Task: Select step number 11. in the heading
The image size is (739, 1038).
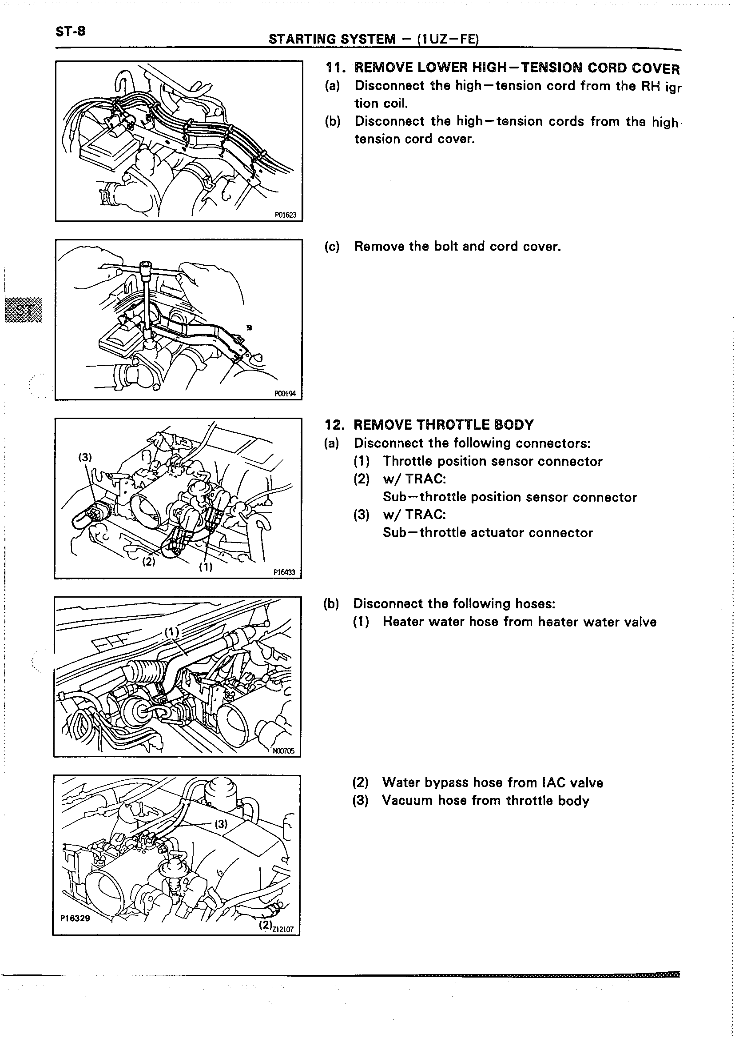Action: [x=336, y=68]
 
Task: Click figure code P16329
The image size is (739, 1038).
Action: [x=75, y=919]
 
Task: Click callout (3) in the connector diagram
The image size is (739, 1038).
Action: [x=85, y=458]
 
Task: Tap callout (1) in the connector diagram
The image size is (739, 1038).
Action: [x=206, y=567]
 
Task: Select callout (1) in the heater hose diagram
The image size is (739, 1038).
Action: [x=172, y=632]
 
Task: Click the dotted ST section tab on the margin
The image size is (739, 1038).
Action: [x=23, y=310]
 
